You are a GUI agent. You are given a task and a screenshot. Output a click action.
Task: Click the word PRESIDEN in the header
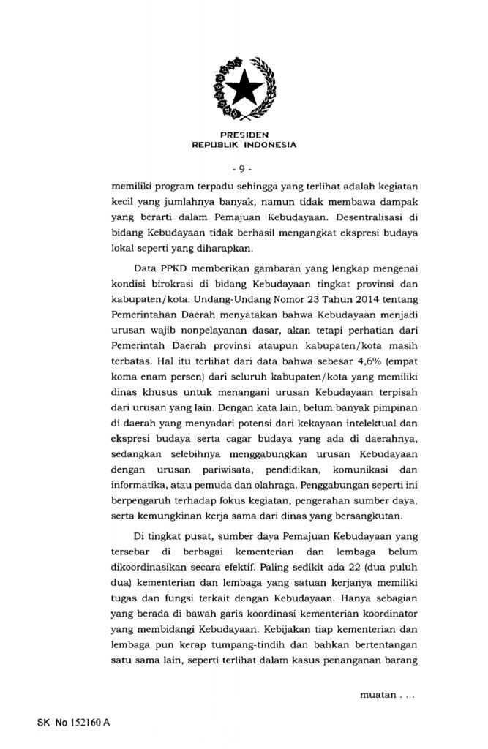(x=244, y=135)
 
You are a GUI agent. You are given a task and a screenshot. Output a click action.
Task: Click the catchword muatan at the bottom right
(x=378, y=691)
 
